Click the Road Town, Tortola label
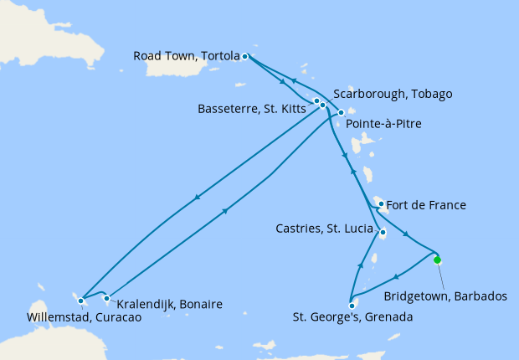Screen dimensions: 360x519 (187, 57)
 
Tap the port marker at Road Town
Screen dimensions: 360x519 (244, 57)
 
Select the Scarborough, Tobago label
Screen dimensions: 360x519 (393, 94)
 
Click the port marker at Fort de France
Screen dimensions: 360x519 (381, 203)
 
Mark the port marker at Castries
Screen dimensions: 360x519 (382, 233)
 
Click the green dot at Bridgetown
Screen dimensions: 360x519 (437, 260)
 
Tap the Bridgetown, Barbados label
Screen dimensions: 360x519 (444, 296)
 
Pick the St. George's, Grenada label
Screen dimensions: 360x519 (352, 317)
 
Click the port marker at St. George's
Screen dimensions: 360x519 (352, 305)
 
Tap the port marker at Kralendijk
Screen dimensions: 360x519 (106, 298)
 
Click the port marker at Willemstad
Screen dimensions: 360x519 (80, 300)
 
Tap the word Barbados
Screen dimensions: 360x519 (480, 296)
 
